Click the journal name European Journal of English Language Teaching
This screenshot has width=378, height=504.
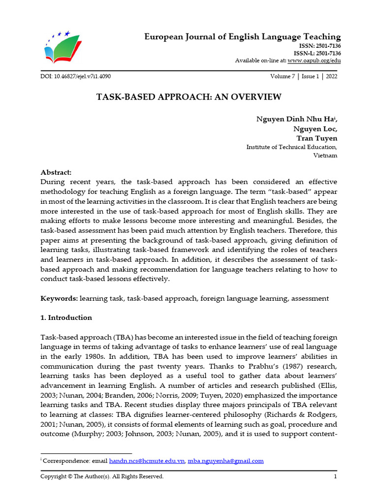click(242, 37)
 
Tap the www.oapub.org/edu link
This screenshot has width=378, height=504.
click(314, 61)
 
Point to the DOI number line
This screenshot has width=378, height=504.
click(79, 77)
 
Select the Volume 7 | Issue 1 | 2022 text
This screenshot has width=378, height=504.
click(304, 77)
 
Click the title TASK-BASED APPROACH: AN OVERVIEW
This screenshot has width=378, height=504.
click(189, 97)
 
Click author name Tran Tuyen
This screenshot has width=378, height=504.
click(316, 138)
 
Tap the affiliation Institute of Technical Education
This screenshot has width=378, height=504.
click(291, 147)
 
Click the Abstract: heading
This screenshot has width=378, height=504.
click(56, 172)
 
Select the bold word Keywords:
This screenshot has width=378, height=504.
click(59, 299)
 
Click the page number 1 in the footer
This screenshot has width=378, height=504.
click(335, 476)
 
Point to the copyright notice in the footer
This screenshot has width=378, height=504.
click(101, 476)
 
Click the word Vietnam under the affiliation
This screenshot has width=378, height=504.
click(325, 156)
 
